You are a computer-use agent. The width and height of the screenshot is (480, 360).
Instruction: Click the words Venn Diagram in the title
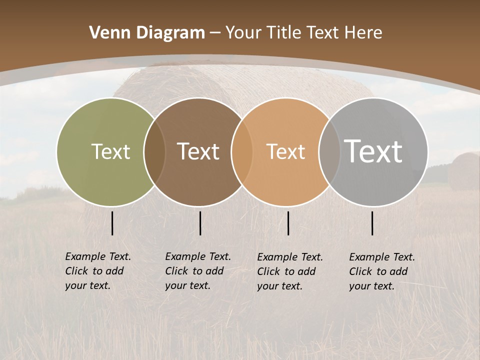(x=147, y=33)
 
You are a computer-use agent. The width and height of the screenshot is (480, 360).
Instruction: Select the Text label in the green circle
(x=110, y=151)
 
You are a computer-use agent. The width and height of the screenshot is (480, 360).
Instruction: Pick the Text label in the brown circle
(x=198, y=151)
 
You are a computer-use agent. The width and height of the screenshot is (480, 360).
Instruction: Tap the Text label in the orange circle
(x=285, y=151)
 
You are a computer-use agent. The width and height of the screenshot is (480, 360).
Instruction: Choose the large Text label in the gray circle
(x=373, y=151)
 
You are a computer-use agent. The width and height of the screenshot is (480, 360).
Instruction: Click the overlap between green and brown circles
(x=154, y=152)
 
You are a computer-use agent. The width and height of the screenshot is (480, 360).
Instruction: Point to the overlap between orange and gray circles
(x=329, y=152)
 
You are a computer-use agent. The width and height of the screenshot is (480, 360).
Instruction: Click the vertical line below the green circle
(x=112, y=223)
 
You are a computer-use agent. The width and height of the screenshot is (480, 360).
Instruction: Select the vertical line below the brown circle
(x=200, y=223)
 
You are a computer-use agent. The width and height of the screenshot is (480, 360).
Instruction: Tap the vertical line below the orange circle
(x=288, y=223)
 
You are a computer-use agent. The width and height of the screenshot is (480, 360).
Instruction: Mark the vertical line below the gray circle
(x=372, y=223)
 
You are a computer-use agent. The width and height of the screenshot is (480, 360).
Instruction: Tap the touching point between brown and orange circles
(x=242, y=152)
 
